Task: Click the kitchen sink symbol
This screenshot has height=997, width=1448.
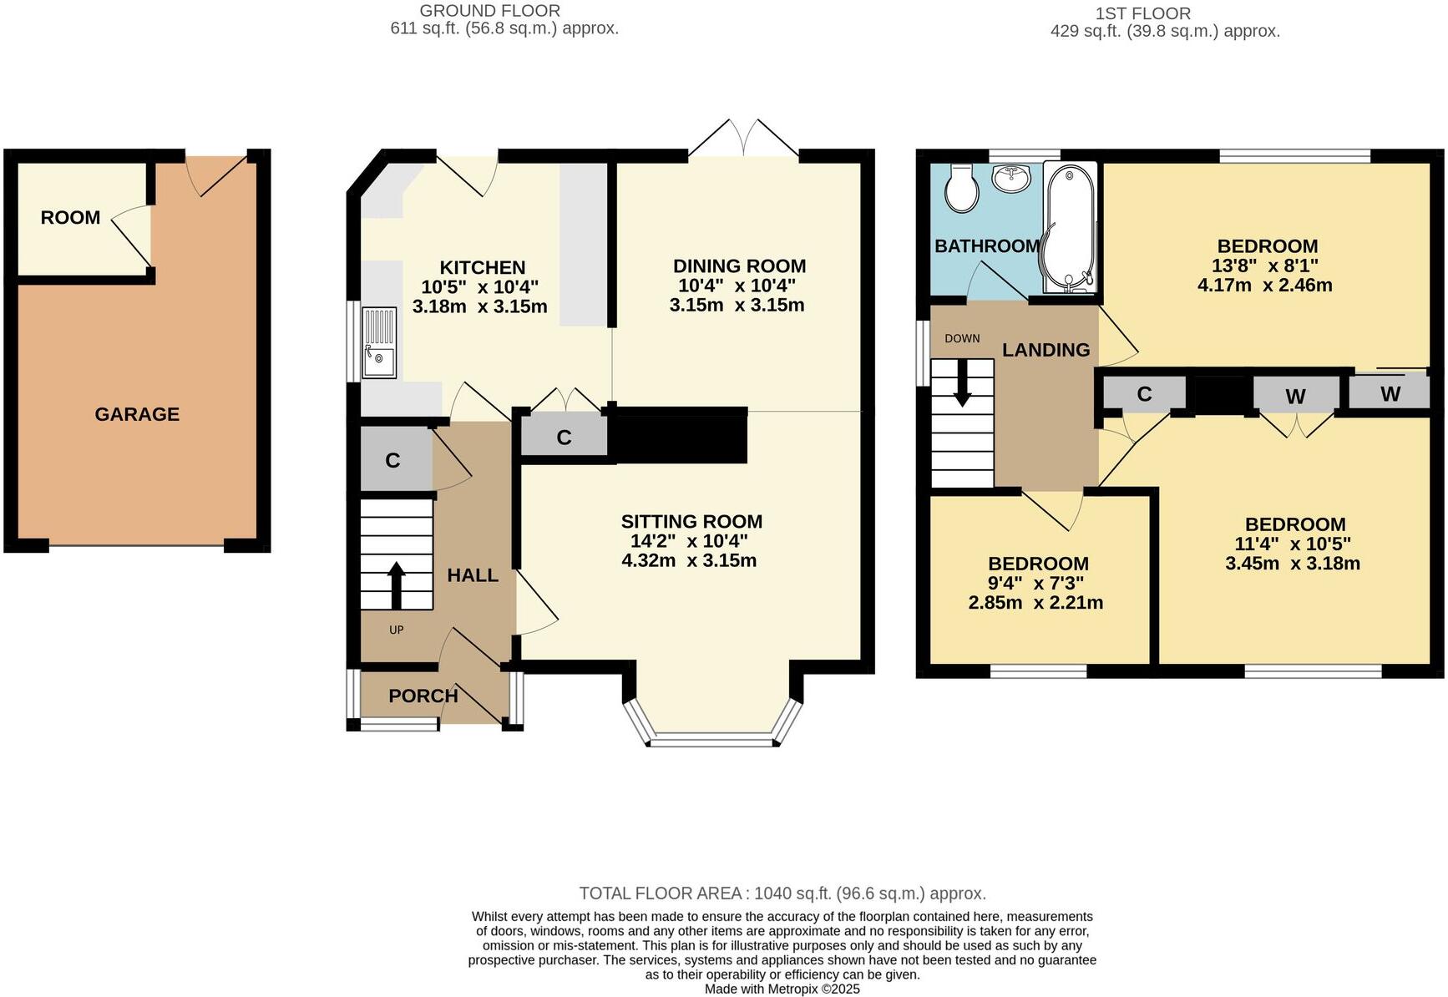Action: (379, 342)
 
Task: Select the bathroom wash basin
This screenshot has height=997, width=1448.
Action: (1013, 178)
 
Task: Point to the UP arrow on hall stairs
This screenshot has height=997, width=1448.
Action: (396, 585)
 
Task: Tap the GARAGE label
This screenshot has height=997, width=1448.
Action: (137, 414)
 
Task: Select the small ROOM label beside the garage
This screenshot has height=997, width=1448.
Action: (70, 218)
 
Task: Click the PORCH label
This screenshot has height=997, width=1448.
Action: (423, 696)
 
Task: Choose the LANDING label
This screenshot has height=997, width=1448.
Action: (1045, 350)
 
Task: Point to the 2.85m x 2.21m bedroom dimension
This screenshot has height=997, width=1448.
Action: (1035, 603)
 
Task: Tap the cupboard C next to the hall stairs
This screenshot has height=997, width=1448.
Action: (392, 460)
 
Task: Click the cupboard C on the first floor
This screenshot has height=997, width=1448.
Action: (1143, 394)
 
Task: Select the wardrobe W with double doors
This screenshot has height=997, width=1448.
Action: (1294, 397)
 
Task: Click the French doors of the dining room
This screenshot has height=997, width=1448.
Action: (743, 139)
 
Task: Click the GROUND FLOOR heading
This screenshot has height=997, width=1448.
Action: (489, 11)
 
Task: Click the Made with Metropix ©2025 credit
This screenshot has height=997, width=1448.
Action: (782, 989)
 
